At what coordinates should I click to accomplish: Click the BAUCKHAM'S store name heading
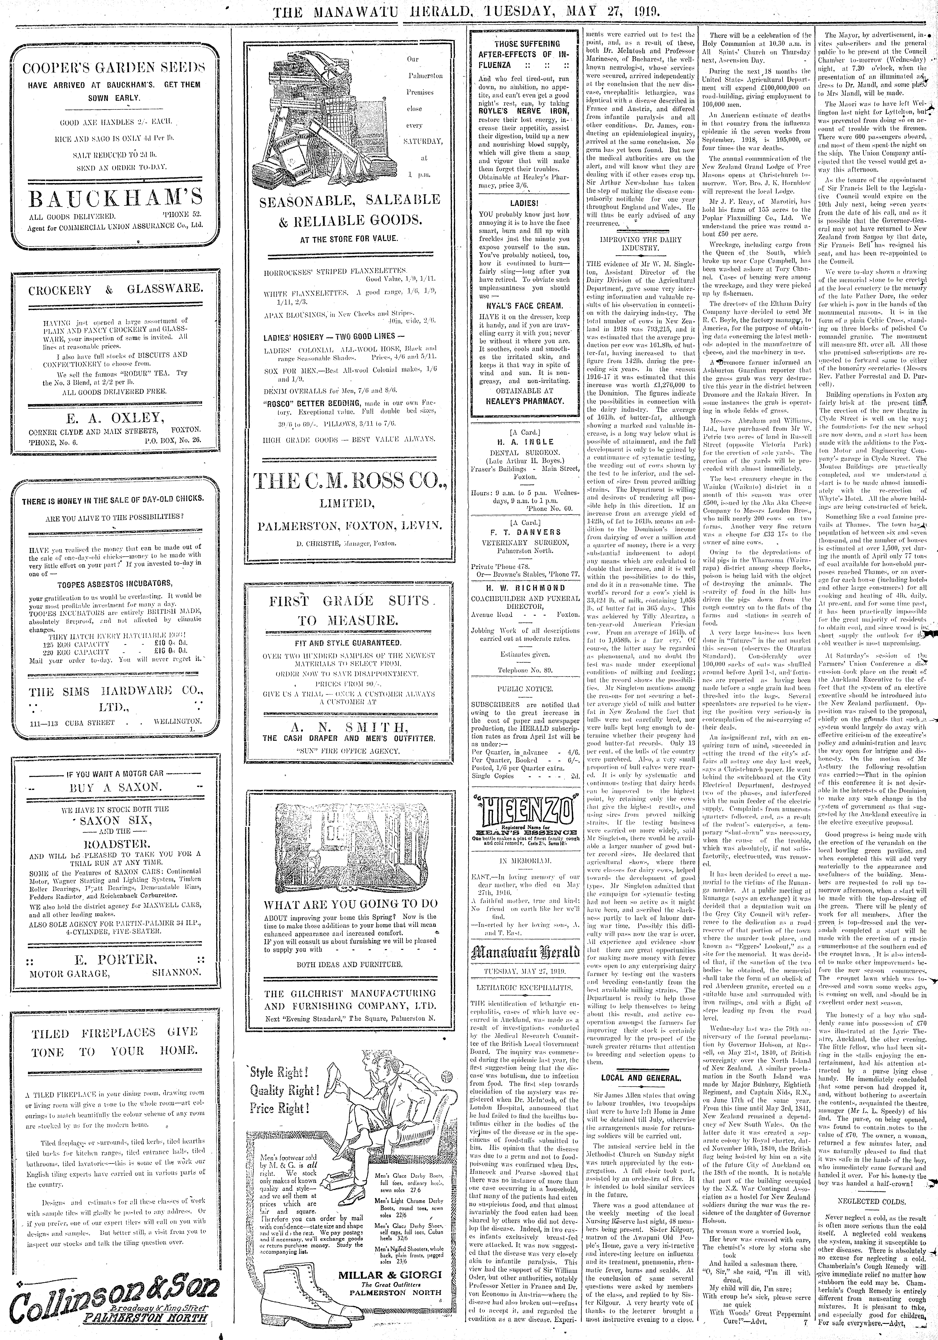pos(116,198)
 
